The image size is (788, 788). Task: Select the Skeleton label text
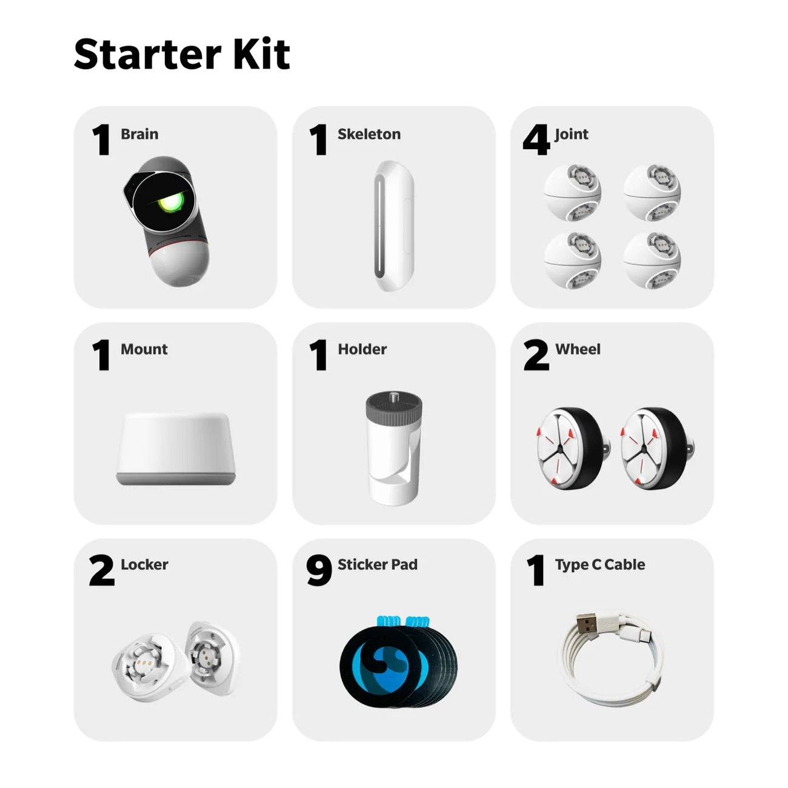tap(369, 134)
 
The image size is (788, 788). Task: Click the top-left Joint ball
tap(572, 193)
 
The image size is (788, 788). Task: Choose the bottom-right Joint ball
tap(652, 261)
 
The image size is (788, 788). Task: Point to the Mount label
tap(144, 349)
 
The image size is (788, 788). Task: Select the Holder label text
tap(362, 349)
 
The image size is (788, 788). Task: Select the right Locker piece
tap(212, 658)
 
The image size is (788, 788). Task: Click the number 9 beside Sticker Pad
tap(319, 570)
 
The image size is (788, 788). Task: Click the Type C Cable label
tap(599, 564)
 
